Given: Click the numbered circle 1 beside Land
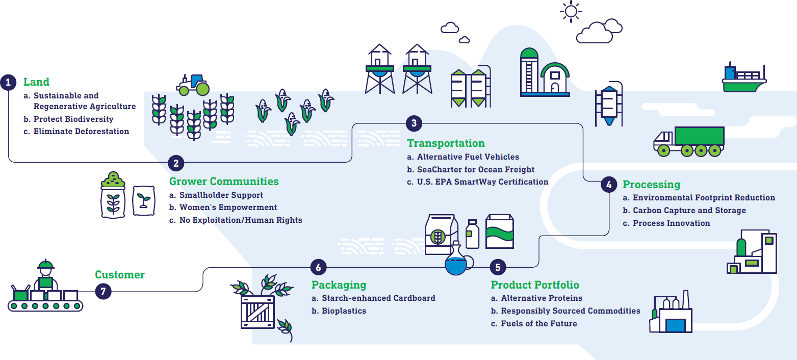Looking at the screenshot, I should [x=8, y=83].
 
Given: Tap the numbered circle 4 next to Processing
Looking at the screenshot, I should [x=608, y=185].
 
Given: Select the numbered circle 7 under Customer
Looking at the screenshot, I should [x=103, y=291].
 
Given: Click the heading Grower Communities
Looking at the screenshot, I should [x=224, y=182].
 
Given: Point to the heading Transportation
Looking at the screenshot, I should [x=446, y=143].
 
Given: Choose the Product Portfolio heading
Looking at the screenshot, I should [x=535, y=285].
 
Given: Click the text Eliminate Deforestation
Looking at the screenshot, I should [x=81, y=132].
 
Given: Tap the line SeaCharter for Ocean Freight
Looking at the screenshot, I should [x=475, y=169].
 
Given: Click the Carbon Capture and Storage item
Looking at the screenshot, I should [x=689, y=211].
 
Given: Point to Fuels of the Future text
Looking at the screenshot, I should [x=538, y=324].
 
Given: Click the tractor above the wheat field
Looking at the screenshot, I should [x=193, y=85].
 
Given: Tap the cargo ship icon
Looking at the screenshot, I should [x=743, y=79].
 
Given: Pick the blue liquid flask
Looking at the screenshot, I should [x=456, y=263].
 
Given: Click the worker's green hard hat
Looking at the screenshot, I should [x=45, y=265].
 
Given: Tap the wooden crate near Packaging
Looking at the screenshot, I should [x=258, y=312].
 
